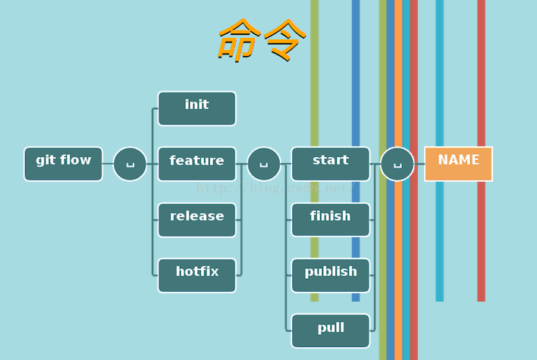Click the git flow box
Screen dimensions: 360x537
click(x=63, y=164)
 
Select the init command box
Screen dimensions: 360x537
click(x=196, y=108)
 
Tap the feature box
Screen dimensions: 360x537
click(x=196, y=164)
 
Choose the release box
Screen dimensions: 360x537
click(x=196, y=220)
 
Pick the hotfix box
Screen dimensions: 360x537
click(x=196, y=275)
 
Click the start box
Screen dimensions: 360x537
click(x=330, y=164)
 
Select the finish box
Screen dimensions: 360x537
click(x=330, y=220)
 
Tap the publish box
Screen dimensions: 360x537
click(x=330, y=275)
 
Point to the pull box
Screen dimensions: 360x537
click(x=330, y=331)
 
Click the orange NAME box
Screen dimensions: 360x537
click(x=458, y=164)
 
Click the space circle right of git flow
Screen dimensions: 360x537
click(x=130, y=164)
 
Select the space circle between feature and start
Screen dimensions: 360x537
click(x=263, y=164)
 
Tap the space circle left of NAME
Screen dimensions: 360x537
click(x=397, y=164)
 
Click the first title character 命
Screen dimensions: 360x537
click(x=238, y=39)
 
